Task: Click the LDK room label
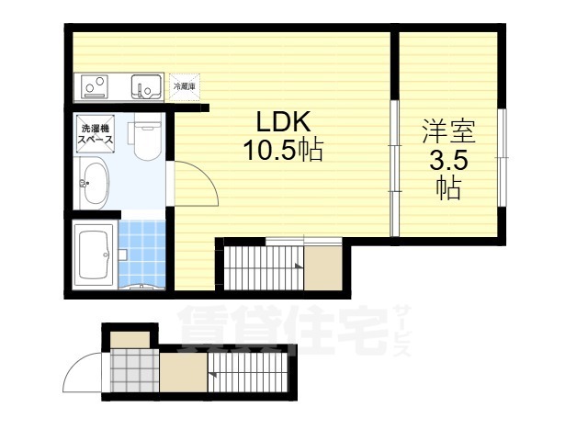(x=284, y=121)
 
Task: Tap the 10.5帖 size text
(x=284, y=150)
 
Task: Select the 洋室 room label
(x=449, y=131)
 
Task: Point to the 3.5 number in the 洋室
(x=449, y=162)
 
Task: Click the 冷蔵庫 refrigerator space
(x=185, y=87)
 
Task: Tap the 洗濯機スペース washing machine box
(x=96, y=134)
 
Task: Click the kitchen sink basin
(x=146, y=86)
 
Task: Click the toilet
(x=147, y=137)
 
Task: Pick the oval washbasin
(x=96, y=184)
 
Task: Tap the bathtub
(x=94, y=254)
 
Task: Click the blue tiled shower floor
(x=141, y=254)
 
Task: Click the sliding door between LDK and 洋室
(x=394, y=168)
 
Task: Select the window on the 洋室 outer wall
(x=502, y=157)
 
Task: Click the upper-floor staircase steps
(x=264, y=267)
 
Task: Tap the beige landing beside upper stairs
(x=322, y=267)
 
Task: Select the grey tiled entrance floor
(x=135, y=370)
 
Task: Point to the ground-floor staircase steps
(x=247, y=372)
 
